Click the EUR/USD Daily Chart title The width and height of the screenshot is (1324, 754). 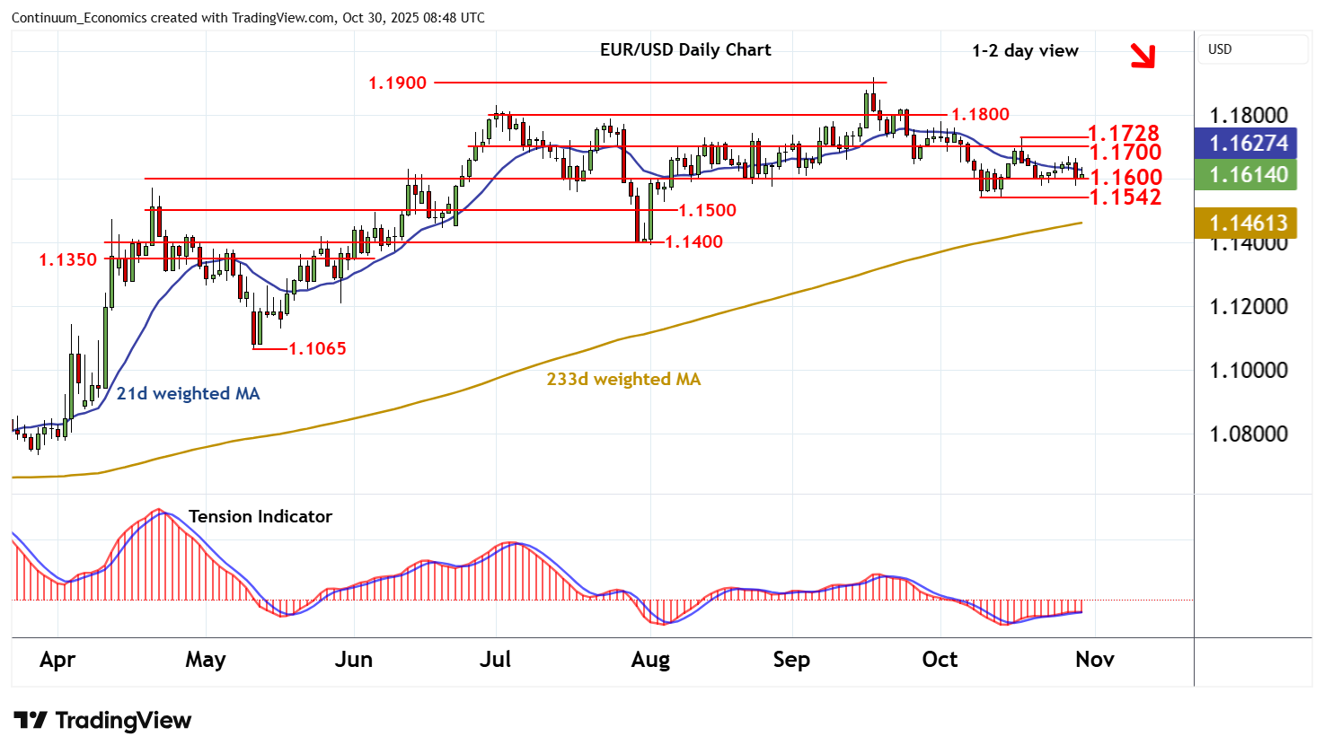(685, 50)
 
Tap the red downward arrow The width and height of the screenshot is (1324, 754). (1142, 56)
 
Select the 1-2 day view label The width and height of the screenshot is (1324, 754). (1025, 51)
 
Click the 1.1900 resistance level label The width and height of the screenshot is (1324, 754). (397, 83)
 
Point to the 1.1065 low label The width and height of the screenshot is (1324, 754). (317, 348)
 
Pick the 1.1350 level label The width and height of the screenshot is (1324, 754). (67, 260)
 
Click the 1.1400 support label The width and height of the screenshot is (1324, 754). (693, 241)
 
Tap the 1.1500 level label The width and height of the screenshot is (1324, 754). (707, 210)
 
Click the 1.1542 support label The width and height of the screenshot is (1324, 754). (1125, 197)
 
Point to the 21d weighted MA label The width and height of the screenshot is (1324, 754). (188, 393)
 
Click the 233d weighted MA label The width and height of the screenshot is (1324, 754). (623, 380)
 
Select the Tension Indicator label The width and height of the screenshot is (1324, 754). (260, 516)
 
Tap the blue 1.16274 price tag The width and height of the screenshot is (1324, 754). (1249, 144)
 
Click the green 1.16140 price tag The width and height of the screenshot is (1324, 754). (1249, 175)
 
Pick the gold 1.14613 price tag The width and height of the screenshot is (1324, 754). (1249, 224)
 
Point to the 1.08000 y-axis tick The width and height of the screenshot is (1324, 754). (1249, 434)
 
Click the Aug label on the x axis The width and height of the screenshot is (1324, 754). (650, 660)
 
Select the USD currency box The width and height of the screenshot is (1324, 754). (1220, 49)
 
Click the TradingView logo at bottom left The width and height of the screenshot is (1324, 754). (102, 721)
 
